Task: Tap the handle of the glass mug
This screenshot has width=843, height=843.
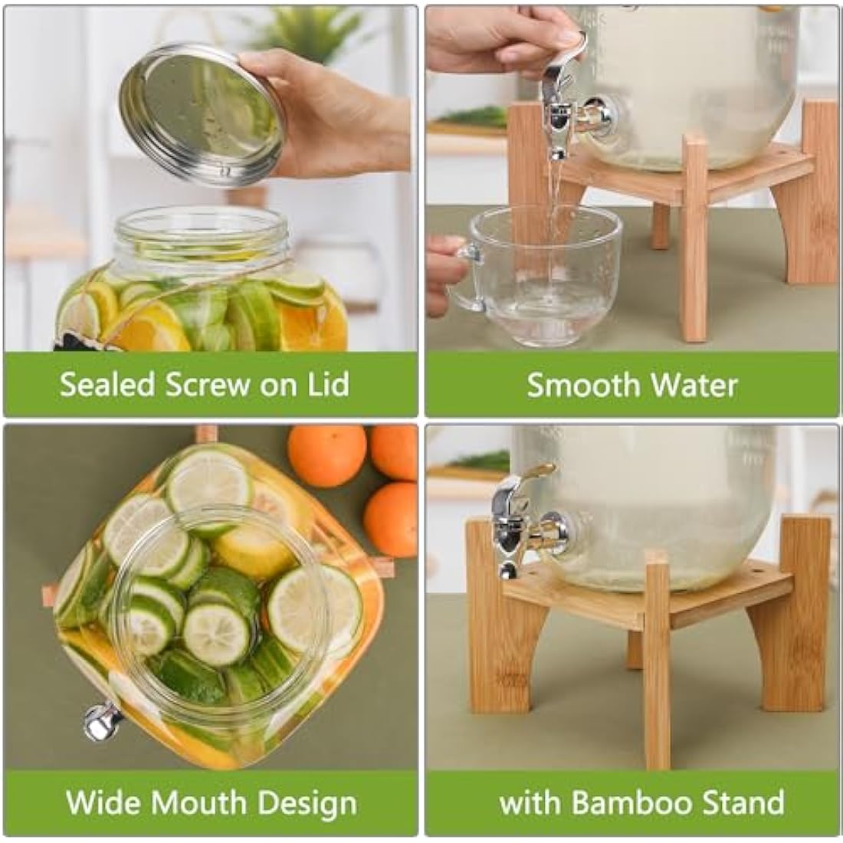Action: click(x=464, y=276)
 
